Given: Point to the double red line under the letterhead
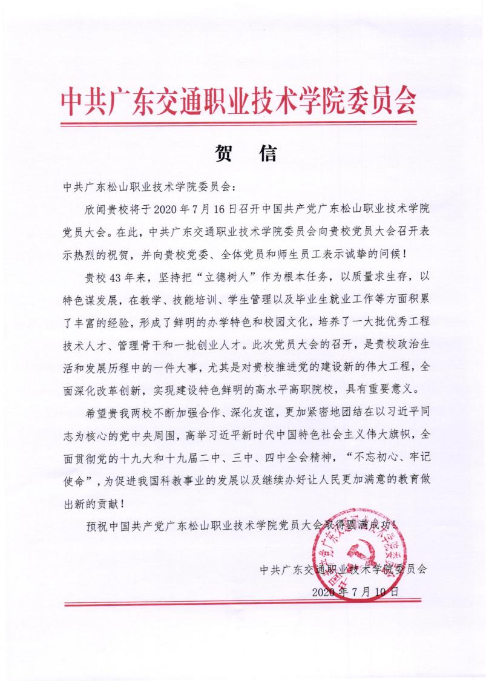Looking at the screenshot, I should pos(242,125).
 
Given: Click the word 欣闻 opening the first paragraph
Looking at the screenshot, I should pos(98,209).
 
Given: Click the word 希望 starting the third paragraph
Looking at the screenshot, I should pos(98,412).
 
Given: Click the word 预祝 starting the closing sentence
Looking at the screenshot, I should pos(98,523).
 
